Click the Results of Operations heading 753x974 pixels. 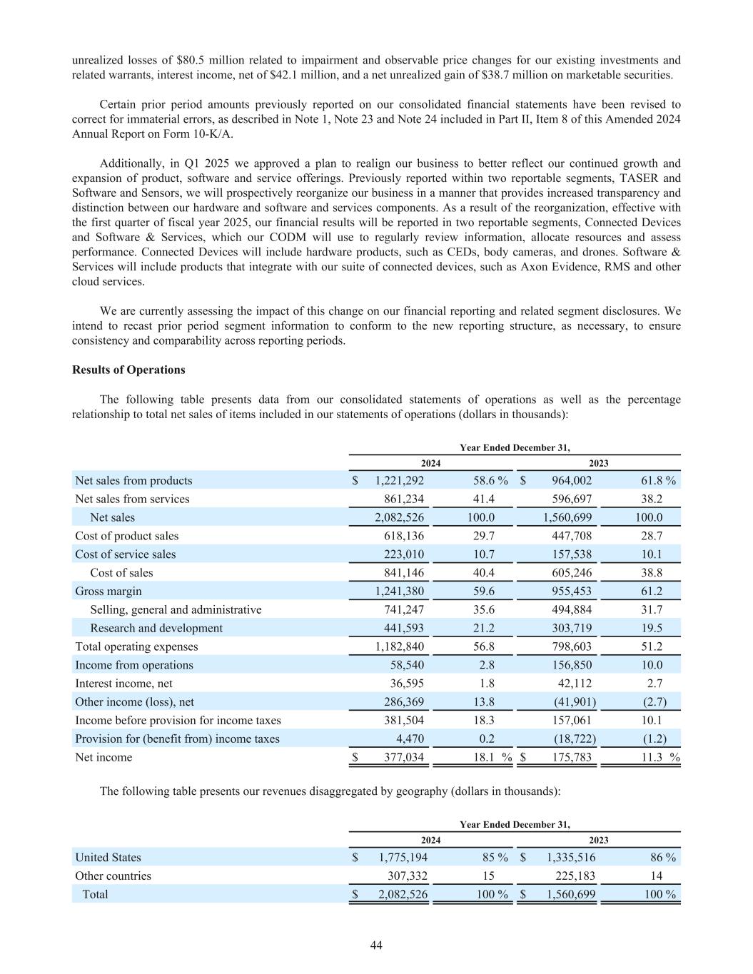128,370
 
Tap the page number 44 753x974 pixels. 376,945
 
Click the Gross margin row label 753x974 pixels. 108,591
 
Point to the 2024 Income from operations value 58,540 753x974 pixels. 408,665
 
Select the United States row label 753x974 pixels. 108,857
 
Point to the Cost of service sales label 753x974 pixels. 126,554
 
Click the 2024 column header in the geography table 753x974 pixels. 430,840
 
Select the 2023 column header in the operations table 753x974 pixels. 598,463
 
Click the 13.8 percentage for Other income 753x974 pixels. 484,701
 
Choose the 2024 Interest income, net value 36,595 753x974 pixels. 408,683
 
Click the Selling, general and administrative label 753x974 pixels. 176,609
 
